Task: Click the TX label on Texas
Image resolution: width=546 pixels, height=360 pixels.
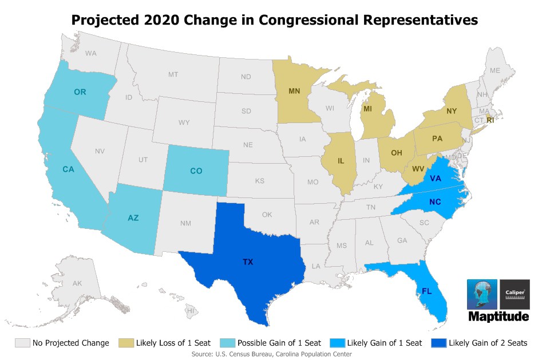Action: coord(247,262)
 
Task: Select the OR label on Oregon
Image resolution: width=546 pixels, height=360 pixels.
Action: coord(80,92)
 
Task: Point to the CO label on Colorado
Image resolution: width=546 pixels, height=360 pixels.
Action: coord(196,171)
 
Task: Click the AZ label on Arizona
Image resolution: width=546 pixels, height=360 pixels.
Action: coord(133,217)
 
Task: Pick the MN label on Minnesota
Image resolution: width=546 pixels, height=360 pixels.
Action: coord(294,90)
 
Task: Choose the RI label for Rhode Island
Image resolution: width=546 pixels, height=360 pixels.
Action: coord(490,120)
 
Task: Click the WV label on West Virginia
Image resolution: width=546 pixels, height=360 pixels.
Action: coord(418,168)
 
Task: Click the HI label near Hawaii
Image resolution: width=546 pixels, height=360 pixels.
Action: coord(191,310)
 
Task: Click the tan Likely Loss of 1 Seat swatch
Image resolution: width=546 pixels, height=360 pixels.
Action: coord(126,343)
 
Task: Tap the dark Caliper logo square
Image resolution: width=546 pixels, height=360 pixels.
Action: coord(515,294)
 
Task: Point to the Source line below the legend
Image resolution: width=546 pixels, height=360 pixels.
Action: coord(272,354)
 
